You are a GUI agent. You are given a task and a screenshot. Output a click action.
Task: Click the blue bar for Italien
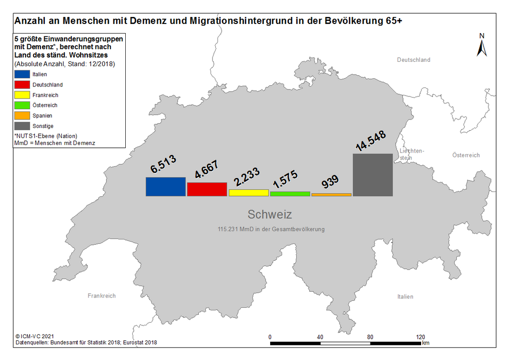pyautogui.click(x=166, y=187)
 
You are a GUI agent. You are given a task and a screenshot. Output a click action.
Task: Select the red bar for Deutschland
pyautogui.click(x=207, y=189)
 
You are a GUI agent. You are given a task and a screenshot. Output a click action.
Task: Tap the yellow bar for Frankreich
pyautogui.click(x=249, y=193)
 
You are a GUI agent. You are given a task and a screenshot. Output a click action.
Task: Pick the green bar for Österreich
pyautogui.click(x=290, y=194)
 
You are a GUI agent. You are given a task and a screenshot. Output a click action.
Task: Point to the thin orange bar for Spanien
pyautogui.click(x=332, y=195)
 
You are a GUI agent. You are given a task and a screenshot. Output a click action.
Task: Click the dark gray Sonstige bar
pyautogui.click(x=373, y=175)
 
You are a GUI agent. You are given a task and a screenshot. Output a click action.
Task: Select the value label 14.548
pyautogui.click(x=370, y=141)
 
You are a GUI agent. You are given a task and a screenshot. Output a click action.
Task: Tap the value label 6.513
pyautogui.click(x=163, y=163)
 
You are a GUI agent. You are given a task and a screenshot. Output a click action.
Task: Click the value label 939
pyautogui.click(x=330, y=181)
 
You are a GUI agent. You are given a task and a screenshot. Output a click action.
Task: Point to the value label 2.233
pyautogui.click(x=247, y=177)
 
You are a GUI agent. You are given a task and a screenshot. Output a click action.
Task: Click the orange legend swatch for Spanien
pyautogui.click(x=22, y=116)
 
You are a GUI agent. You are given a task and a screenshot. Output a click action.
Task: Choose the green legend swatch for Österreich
pyautogui.click(x=22, y=105)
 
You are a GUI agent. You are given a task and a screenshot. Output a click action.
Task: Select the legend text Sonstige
pyautogui.click(x=43, y=126)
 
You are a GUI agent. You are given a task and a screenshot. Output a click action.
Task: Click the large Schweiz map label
pyautogui.click(x=270, y=214)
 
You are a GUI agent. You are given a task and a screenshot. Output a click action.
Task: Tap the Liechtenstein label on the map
pyautogui.click(x=411, y=154)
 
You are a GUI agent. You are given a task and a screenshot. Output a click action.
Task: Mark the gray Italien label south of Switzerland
pyautogui.click(x=406, y=297)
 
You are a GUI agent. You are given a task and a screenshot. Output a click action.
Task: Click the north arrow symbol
pyautogui.click(x=482, y=45)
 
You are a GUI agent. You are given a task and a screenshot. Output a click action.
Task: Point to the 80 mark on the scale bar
pyautogui.click(x=370, y=337)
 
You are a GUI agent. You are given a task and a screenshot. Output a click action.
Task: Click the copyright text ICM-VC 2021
pyautogui.click(x=35, y=337)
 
